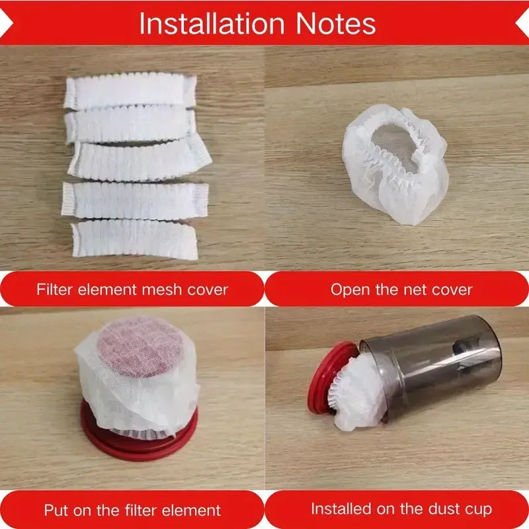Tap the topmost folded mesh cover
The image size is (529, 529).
[131, 91]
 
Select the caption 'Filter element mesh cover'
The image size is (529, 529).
[132, 289]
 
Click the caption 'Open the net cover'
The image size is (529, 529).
[401, 289]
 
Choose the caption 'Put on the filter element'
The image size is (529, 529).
[132, 510]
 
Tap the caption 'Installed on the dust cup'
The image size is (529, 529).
[401, 509]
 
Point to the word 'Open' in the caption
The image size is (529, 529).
[348, 289]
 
